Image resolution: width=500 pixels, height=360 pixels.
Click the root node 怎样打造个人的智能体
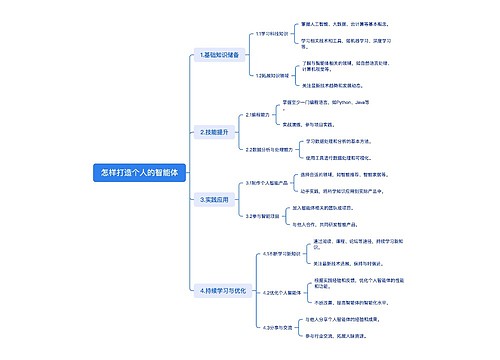coord(140,172)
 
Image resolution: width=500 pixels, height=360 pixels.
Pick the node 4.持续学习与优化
coord(223,290)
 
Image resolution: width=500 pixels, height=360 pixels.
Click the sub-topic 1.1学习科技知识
coord(271,33)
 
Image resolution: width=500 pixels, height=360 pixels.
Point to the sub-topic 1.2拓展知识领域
coord(273,75)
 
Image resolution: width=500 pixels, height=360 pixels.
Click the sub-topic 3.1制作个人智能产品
coord(271,183)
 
